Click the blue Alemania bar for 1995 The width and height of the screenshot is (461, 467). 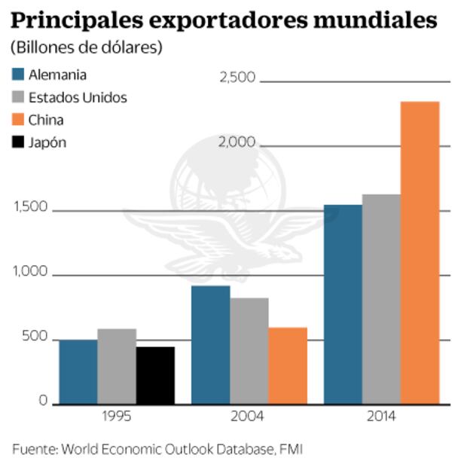point(78,372)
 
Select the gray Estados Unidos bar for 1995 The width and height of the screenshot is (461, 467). point(117,367)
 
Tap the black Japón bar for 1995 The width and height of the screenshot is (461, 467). point(155,376)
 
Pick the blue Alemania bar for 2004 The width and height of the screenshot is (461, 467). point(211,345)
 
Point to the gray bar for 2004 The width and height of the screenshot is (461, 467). point(249,351)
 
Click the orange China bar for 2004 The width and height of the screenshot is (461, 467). point(288,366)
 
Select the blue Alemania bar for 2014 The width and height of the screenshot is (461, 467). point(343,305)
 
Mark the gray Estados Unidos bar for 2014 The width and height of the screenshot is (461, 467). point(381,300)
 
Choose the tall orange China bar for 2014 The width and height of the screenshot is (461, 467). point(420,253)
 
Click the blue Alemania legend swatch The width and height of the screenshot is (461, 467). point(19,75)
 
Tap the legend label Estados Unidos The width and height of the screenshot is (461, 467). point(78,97)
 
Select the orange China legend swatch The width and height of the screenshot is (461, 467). point(19,120)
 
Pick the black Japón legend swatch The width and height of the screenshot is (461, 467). point(19,142)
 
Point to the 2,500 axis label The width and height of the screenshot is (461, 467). point(237,78)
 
